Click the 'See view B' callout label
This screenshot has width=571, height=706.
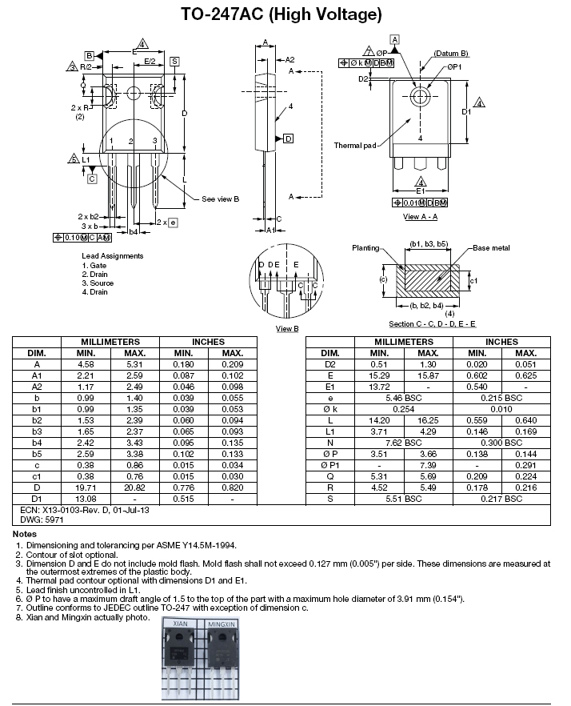221,199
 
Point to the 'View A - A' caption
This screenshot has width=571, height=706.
420,217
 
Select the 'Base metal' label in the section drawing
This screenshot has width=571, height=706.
491,248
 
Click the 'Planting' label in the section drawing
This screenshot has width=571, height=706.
365,248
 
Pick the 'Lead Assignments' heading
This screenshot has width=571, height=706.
113,256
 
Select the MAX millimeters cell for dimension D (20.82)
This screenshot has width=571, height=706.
135,487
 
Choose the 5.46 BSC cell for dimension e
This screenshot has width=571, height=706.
404,398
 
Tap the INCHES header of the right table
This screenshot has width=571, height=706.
501,342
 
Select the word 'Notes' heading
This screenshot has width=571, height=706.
25,534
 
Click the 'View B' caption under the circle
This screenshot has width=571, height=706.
287,329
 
